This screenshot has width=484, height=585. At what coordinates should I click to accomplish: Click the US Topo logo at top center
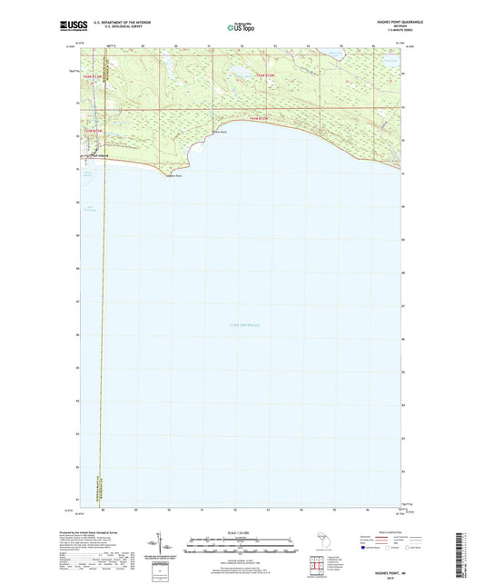coord(241,27)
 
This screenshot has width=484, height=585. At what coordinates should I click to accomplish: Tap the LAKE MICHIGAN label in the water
coord(243,324)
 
